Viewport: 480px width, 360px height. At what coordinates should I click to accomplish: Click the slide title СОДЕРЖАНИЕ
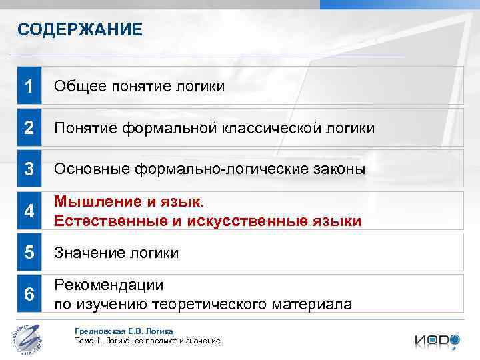coord(79,29)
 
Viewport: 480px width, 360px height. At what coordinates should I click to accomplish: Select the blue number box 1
coord(29,86)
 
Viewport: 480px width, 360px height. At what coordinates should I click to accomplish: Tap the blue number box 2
coord(29,127)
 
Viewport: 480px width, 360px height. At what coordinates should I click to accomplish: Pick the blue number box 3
coord(29,169)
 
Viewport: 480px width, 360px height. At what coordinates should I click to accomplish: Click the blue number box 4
coord(29,211)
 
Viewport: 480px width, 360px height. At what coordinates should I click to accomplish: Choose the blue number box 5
coord(29,253)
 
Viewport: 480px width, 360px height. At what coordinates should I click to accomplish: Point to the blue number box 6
coord(29,294)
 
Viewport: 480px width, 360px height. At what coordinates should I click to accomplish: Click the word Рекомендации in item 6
coord(109,285)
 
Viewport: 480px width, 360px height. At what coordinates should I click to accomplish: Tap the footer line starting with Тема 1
coord(147,341)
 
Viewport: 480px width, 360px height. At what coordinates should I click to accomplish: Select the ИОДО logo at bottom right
coord(437,340)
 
